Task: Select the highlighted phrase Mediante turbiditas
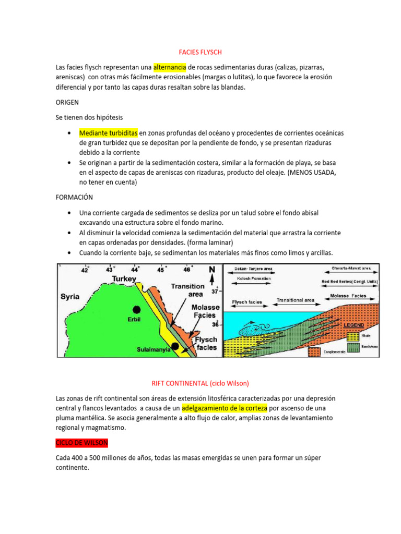[108, 132]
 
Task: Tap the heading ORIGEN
[68, 103]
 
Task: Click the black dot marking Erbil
[136, 309]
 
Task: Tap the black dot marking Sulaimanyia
[175, 346]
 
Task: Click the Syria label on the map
[70, 297]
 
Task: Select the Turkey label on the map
[124, 279]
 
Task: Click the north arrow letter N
[211, 270]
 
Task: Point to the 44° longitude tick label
[135, 270]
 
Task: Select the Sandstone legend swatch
[353, 346]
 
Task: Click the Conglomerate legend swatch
[314, 351]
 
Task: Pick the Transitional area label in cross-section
[296, 300]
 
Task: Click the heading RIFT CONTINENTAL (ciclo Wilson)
[200, 383]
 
